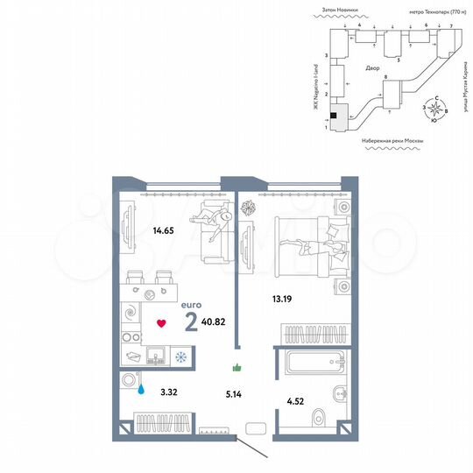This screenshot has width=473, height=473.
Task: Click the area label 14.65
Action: point(138,231)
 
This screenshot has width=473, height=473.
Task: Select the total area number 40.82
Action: point(215,322)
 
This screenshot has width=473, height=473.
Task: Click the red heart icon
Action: point(161,323)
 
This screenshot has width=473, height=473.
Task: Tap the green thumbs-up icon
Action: point(236,369)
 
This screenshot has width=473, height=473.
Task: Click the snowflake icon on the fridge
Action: point(181,357)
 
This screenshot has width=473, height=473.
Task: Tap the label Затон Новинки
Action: point(341,9)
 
